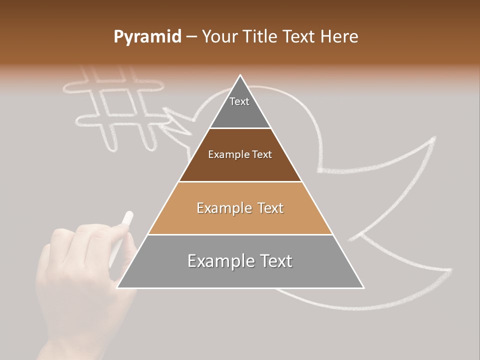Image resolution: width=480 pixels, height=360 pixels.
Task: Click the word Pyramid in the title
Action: (x=147, y=37)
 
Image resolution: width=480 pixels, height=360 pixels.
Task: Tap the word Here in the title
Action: (x=339, y=37)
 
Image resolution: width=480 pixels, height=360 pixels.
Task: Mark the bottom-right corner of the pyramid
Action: (x=363, y=287)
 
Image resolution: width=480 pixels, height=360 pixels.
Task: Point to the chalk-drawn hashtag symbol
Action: (x=115, y=107)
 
